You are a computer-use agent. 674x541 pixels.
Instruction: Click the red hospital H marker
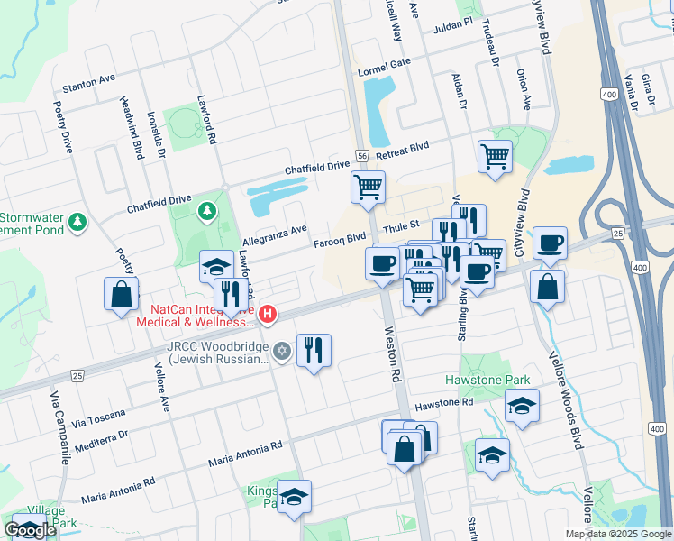click(x=268, y=315)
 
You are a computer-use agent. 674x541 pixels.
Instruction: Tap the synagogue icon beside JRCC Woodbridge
click(x=282, y=351)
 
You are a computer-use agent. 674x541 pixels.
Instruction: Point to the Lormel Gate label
click(x=384, y=67)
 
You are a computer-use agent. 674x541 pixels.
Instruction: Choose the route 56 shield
click(x=360, y=156)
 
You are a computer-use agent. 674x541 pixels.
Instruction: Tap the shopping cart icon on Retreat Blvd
click(x=495, y=156)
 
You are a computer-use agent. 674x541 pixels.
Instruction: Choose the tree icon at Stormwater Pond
click(x=78, y=220)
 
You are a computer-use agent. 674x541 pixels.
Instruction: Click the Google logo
click(x=30, y=530)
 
